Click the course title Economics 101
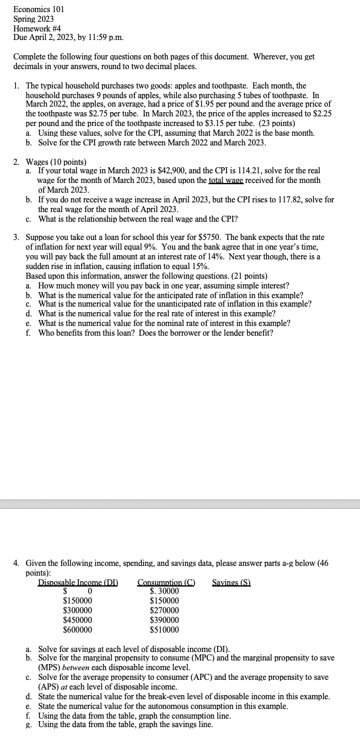point(39,10)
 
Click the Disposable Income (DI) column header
point(78,582)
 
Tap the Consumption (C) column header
point(166,582)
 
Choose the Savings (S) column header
point(232,582)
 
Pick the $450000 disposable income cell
point(78,620)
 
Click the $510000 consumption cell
point(164,630)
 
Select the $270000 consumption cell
point(164,610)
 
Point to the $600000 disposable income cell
point(78,630)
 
